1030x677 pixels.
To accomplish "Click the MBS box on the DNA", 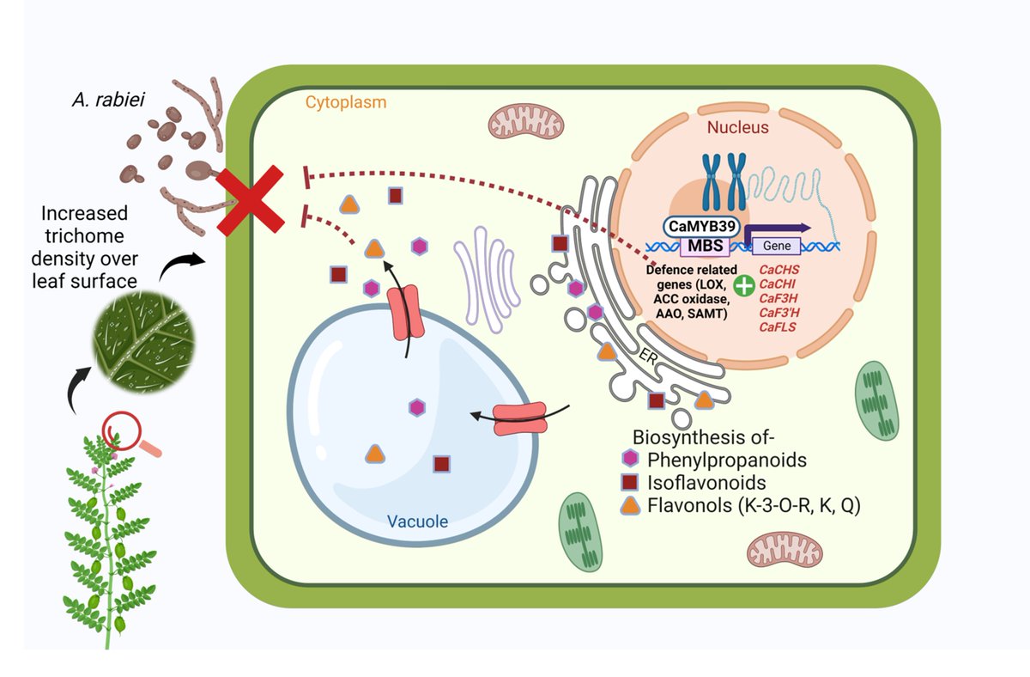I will coord(705,247).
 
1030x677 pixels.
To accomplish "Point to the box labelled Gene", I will coord(776,247).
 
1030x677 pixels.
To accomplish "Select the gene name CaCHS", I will coord(779,269).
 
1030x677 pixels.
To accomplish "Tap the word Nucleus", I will coord(736,127).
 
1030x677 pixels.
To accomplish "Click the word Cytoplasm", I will coord(345,102).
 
